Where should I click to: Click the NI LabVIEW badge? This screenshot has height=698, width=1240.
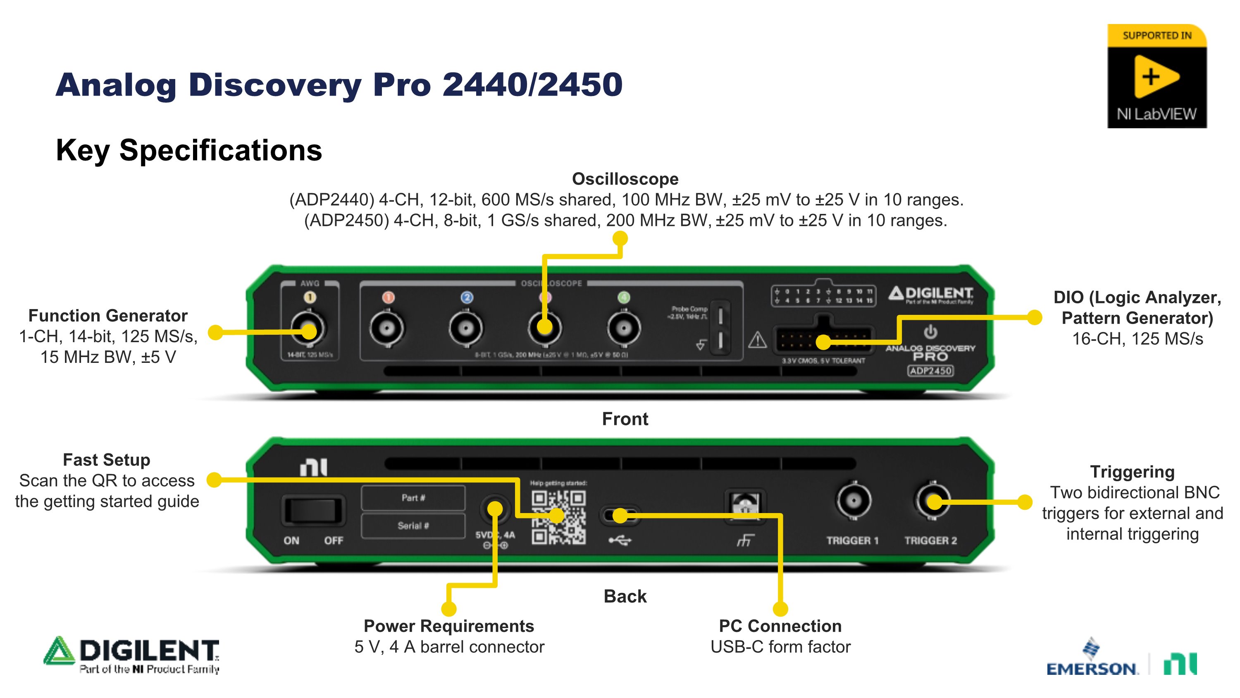(x=1157, y=76)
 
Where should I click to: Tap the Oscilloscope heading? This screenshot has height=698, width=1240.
(x=625, y=179)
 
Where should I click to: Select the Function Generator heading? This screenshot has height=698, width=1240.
(x=108, y=316)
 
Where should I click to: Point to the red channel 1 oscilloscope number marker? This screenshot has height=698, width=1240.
(x=388, y=297)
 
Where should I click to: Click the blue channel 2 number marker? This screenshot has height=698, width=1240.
(x=466, y=297)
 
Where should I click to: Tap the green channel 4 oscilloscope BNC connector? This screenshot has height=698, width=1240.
(x=624, y=329)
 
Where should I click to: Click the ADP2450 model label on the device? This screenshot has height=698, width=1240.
(x=930, y=370)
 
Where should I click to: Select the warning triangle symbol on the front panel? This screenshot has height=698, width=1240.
(x=757, y=340)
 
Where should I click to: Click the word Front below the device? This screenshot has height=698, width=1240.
(x=625, y=419)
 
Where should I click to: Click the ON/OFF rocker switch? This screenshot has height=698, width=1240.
(x=313, y=510)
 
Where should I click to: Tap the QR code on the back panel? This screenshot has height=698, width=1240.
(x=558, y=517)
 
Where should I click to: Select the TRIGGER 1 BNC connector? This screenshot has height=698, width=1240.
(x=854, y=501)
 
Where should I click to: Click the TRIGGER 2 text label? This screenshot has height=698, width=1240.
(x=930, y=540)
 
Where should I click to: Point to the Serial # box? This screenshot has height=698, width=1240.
(x=413, y=525)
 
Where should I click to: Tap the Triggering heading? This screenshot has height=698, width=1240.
(x=1132, y=472)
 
